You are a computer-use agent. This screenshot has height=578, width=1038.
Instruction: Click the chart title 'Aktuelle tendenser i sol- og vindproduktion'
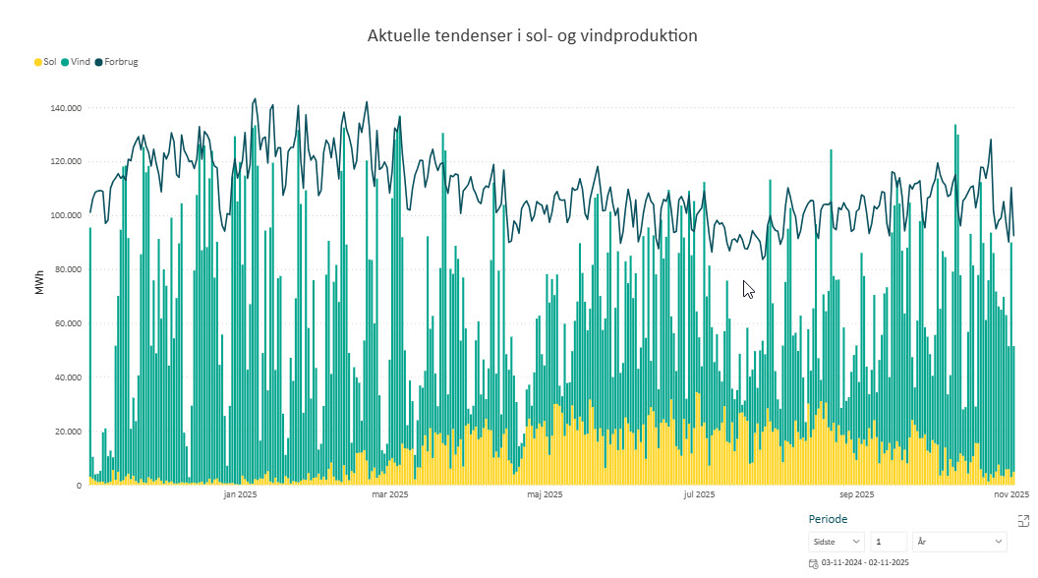532,36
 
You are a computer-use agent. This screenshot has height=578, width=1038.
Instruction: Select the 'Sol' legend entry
45,62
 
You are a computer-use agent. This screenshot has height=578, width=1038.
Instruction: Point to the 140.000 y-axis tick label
66,108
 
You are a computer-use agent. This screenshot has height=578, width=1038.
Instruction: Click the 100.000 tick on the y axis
66,215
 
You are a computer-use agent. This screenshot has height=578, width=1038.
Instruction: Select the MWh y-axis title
40,283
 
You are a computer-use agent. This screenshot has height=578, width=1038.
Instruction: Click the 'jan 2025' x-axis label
240,494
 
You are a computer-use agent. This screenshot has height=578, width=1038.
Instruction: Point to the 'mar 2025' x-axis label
389,494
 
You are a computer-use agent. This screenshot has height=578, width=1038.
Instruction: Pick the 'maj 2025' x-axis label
545,494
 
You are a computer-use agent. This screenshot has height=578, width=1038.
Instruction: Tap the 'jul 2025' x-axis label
699,494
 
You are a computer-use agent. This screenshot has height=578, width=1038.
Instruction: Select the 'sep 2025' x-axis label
856,494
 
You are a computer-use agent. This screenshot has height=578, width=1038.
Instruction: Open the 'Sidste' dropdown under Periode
836,542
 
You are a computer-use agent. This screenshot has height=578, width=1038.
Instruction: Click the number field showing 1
888,542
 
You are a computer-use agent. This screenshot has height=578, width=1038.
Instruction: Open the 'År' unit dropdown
959,542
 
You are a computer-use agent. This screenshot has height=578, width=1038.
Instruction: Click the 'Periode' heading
828,519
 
